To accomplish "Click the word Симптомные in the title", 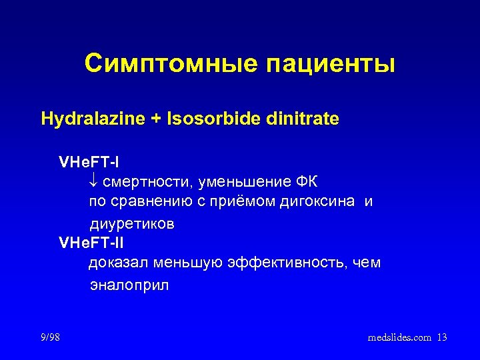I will [171, 64].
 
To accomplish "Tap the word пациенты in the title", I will [331, 65].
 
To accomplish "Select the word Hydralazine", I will [83, 119].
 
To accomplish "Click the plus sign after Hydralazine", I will [135, 120].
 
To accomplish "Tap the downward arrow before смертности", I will [93, 182].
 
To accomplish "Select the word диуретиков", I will [132, 224].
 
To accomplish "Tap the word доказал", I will [118, 263].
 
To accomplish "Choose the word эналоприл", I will [129, 285].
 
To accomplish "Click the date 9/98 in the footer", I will [49, 338].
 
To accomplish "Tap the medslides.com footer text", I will [399, 338].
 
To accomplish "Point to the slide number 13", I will [442, 338].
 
